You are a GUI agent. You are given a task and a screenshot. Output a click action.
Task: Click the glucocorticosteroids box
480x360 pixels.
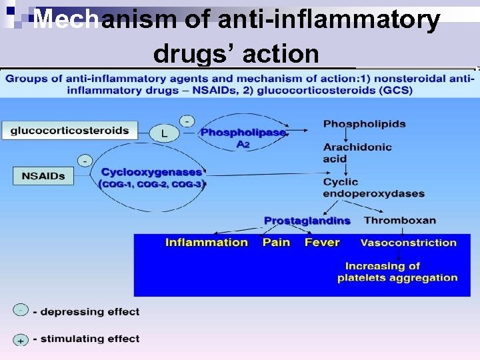69,131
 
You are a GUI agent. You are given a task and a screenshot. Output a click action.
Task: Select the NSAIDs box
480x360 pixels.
43,176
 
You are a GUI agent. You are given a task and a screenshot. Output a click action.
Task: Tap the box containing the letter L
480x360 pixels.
164,133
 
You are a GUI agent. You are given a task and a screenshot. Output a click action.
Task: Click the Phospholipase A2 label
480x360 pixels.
243,137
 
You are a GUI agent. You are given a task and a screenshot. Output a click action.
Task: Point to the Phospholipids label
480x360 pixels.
364,124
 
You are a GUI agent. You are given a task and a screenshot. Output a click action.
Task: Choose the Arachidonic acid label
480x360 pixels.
357,153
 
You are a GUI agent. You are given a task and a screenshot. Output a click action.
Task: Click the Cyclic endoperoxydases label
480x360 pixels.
373,187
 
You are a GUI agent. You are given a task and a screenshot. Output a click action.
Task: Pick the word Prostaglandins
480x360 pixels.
307,221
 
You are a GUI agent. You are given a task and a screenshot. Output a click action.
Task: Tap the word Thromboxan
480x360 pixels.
400,220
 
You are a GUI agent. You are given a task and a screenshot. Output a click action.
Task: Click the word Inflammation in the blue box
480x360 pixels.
206,242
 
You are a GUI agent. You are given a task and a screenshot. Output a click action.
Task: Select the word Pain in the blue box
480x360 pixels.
276,242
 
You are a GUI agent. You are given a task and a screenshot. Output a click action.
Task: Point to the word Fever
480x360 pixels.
322,242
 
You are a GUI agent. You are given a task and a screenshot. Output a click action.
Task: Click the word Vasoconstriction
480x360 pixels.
408,243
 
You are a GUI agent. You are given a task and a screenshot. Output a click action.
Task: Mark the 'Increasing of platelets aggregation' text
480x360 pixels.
397,272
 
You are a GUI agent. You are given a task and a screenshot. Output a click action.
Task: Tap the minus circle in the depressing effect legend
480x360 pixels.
21,310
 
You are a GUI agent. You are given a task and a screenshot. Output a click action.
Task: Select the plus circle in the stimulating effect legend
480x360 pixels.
21,339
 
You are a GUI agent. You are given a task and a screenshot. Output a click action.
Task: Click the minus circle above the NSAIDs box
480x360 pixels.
85,161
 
